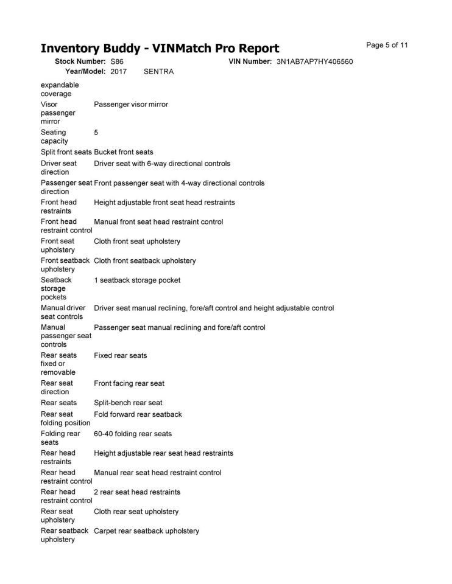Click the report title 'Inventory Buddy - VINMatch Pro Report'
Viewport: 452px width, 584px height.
[x=160, y=48]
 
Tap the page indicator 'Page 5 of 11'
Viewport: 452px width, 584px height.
[x=387, y=45]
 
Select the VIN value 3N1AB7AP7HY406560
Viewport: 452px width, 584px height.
[x=314, y=61]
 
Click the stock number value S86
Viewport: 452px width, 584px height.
[x=117, y=61]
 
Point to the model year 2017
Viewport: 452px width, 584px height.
[x=119, y=71]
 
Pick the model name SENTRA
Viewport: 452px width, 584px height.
[x=158, y=71]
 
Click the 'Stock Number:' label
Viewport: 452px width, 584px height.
[x=80, y=61]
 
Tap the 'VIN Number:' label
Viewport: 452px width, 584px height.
[x=250, y=61]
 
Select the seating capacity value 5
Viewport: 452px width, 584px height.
[x=96, y=132]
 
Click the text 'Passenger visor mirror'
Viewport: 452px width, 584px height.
[x=131, y=104]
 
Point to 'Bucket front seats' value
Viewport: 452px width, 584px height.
[x=124, y=151]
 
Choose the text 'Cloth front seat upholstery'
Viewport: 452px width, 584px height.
[x=137, y=241]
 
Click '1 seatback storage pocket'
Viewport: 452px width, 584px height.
[x=137, y=280]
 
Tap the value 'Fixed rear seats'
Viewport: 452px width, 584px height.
[x=121, y=355]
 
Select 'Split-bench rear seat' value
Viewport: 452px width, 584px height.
[x=128, y=403]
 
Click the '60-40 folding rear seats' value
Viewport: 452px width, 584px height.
[x=133, y=434]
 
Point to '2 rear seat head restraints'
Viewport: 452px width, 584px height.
[x=137, y=492]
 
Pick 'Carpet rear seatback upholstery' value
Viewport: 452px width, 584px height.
[x=146, y=530]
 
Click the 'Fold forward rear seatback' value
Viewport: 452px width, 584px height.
[x=138, y=414]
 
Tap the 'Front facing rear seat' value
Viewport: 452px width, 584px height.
[x=129, y=383]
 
